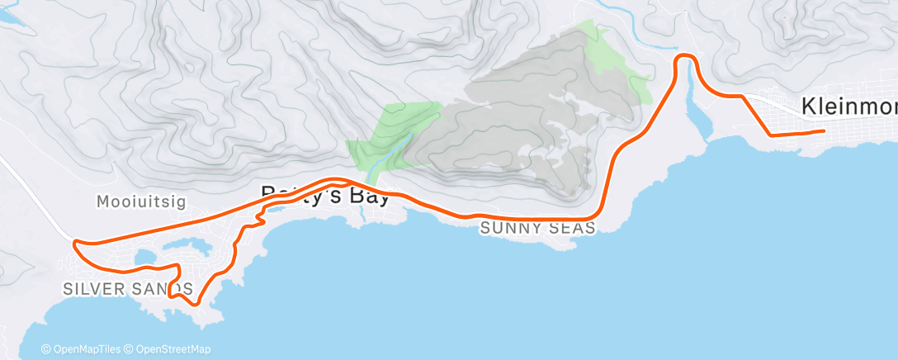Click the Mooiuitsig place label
pyautogui.click(x=133, y=201)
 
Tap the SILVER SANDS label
pyautogui.click(x=128, y=288)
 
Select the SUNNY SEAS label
pyautogui.click(x=537, y=228)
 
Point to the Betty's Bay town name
pyautogui.click(x=325, y=195)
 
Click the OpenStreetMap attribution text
pyautogui.click(x=173, y=349)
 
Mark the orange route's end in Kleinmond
pyautogui.click(x=823, y=130)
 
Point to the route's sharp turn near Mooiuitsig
pyautogui.click(x=75, y=242)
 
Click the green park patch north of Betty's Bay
pyautogui.click(x=396, y=132)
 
